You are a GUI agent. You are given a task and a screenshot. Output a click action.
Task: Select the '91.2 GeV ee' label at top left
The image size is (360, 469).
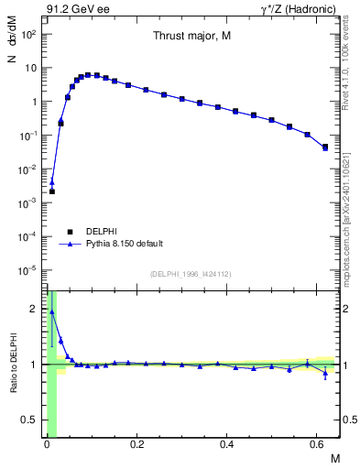point(74,9)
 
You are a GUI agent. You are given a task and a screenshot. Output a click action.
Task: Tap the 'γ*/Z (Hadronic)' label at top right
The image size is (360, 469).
point(299,9)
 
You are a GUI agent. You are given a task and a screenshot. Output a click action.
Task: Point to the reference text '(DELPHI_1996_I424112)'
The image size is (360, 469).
point(191,273)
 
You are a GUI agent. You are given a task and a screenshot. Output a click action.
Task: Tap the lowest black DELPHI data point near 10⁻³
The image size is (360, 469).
point(52,191)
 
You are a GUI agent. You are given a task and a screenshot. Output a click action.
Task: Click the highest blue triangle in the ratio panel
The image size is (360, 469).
point(52,311)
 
